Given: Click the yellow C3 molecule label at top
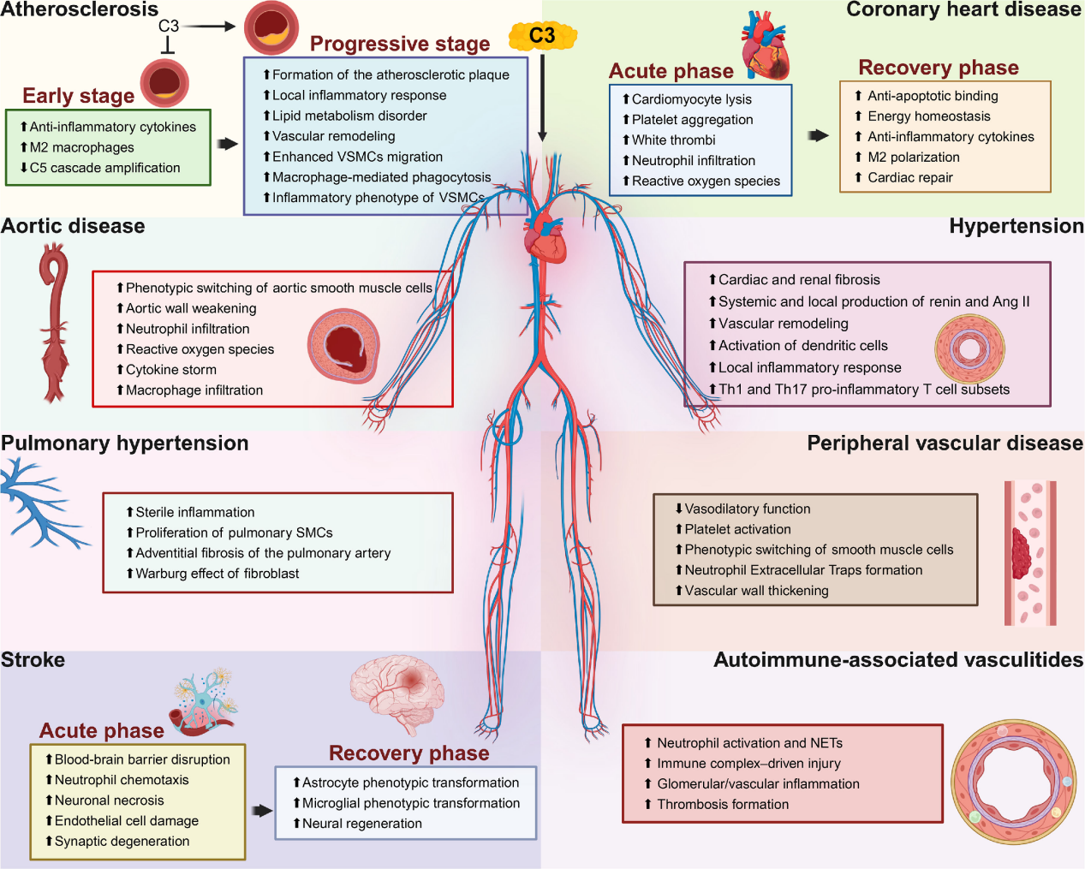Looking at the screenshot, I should point(542,36).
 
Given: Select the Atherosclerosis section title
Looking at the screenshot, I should point(80,9).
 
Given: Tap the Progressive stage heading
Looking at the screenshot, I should point(400,44).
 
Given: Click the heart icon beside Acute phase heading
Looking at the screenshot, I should point(765,47).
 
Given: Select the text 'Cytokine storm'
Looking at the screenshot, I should point(171,370).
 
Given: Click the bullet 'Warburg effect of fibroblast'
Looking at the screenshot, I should point(218,574).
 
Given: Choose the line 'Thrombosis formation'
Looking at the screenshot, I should point(723,804).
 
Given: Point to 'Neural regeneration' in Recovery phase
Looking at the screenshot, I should point(361,824).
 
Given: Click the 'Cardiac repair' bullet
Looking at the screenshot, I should point(909,177).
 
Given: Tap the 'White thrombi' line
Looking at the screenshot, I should point(673,140).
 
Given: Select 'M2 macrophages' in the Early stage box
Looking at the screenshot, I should point(81,147).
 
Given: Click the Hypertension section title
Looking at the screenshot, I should point(1016,226).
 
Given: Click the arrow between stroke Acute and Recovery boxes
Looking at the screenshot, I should point(261,810).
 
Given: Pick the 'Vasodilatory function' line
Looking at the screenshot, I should point(747,509).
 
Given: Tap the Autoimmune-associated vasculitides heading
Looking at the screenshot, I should point(898,660).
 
